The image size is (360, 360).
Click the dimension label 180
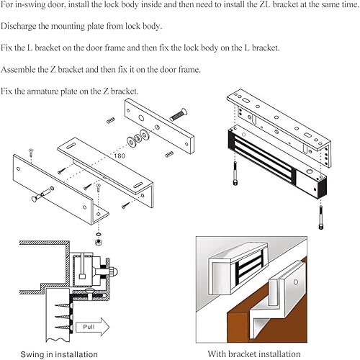point(120,156)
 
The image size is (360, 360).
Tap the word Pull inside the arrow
point(89,327)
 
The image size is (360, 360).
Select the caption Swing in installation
point(59,354)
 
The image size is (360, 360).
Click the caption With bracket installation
point(254,354)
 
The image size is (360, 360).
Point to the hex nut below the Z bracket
point(98,242)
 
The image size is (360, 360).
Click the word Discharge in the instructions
point(18,26)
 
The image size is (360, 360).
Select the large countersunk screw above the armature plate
point(179,114)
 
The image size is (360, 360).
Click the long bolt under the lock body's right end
point(321,217)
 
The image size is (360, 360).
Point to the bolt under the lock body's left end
point(235,174)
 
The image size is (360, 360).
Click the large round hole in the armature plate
point(141,118)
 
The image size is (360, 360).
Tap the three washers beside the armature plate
point(138,138)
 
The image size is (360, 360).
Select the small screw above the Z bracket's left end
point(31,152)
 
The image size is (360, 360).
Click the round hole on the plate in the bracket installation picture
point(296,282)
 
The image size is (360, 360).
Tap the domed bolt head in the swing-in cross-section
point(114,271)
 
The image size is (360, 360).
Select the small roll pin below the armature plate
point(169,154)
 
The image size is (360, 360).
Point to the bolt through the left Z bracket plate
point(42,194)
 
